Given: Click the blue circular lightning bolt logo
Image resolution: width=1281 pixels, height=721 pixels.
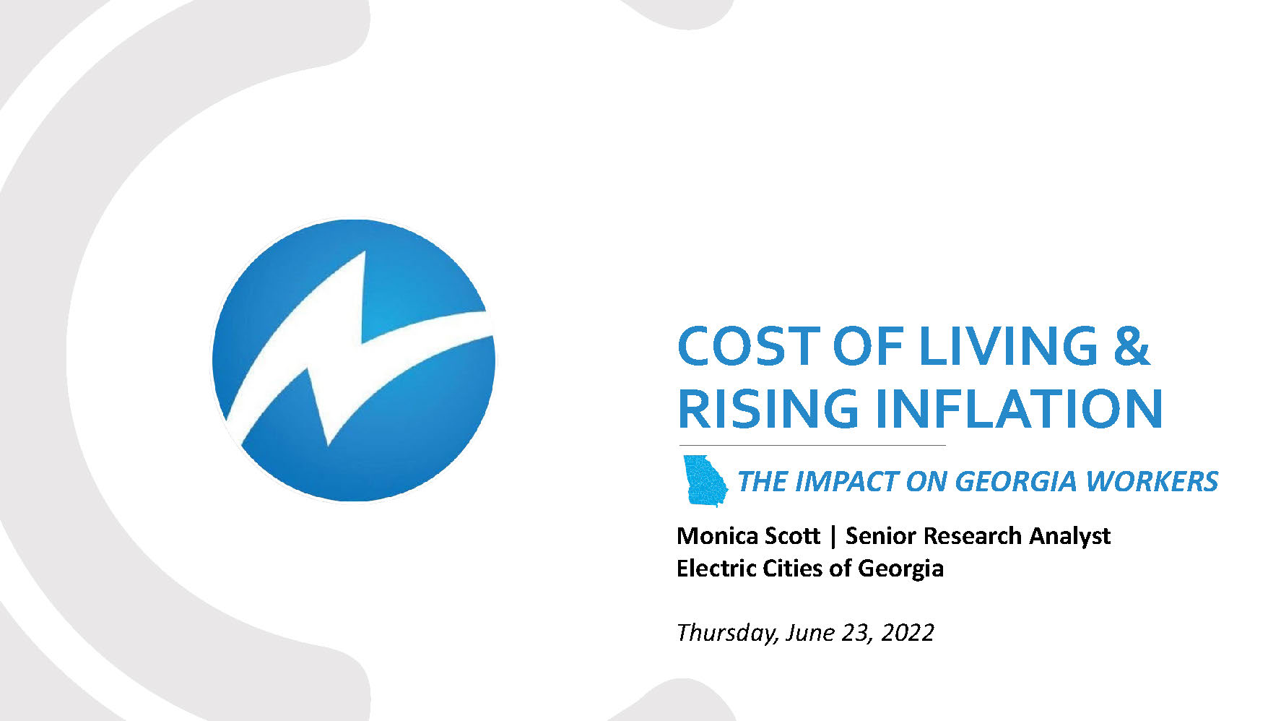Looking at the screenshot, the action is click(x=354, y=360).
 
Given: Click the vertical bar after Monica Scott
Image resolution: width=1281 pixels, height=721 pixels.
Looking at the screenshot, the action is click(x=833, y=537).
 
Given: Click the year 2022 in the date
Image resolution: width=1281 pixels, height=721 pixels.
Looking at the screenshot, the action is click(x=908, y=633).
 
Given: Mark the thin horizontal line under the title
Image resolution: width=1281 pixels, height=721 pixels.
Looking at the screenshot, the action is click(x=812, y=445).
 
